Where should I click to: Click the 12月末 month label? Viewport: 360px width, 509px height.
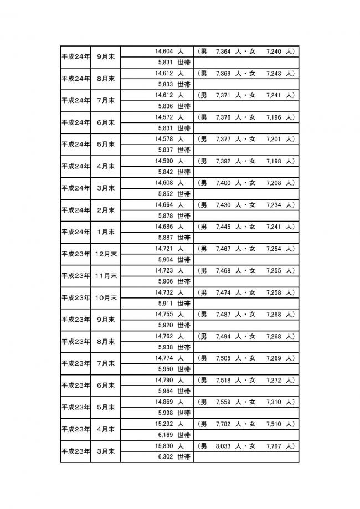coord(105,254)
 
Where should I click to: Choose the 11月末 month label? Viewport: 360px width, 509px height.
coord(105,276)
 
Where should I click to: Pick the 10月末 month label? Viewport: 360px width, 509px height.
coord(105,298)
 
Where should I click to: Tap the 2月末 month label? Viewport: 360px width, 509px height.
coord(105,210)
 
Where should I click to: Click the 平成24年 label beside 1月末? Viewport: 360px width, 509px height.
coord(75,232)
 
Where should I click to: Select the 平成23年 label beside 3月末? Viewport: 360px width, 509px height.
coord(75,451)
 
